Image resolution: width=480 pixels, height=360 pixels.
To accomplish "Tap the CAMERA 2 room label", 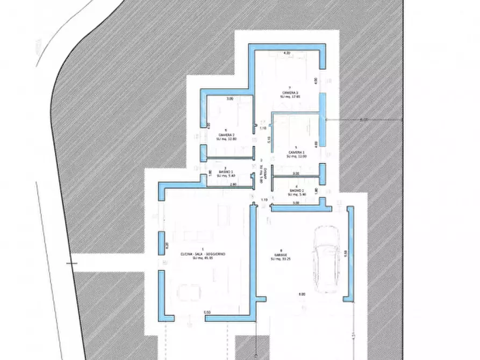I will (x=226, y=135).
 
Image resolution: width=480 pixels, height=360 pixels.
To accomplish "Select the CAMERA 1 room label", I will (x=296, y=153).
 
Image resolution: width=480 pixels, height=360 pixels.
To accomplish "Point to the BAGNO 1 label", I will (x=226, y=172).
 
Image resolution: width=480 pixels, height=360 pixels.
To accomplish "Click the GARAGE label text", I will (x=281, y=255).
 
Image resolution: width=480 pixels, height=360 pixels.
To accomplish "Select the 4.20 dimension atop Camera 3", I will (x=287, y=53).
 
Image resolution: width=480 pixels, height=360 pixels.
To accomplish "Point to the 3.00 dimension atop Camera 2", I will (x=230, y=99).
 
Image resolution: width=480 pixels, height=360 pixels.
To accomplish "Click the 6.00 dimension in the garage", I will (x=302, y=294).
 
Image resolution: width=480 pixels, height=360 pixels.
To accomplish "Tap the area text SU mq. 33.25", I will (x=281, y=259).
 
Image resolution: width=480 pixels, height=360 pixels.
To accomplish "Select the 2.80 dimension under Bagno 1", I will (x=233, y=184).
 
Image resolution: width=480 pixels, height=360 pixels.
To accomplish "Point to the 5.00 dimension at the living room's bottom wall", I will (x=207, y=312).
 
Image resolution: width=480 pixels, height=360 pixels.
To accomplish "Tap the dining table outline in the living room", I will (x=189, y=293).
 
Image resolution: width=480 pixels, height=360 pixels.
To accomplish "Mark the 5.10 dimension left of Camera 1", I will (x=269, y=140).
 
